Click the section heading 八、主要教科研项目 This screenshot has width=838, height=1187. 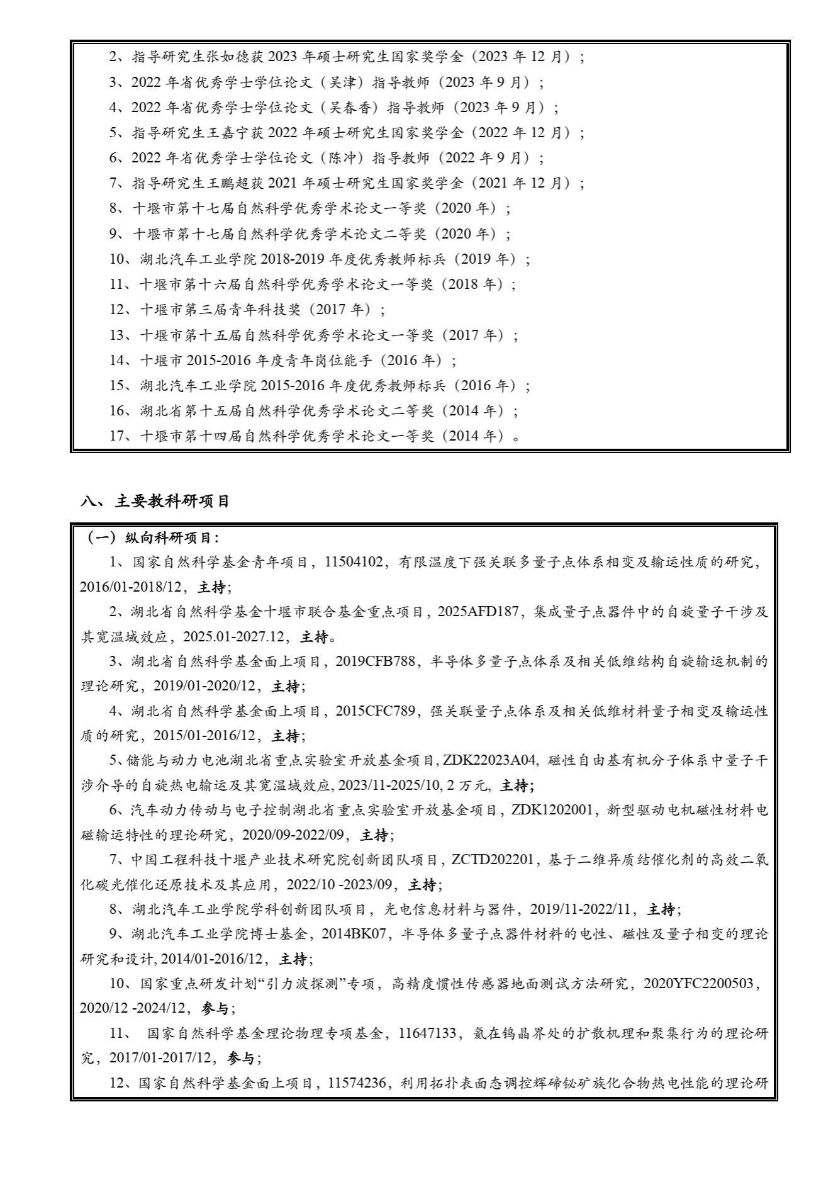155,502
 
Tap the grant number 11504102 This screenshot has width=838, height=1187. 354,562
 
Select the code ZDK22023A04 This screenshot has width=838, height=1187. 489,760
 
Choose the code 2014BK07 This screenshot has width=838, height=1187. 354,934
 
